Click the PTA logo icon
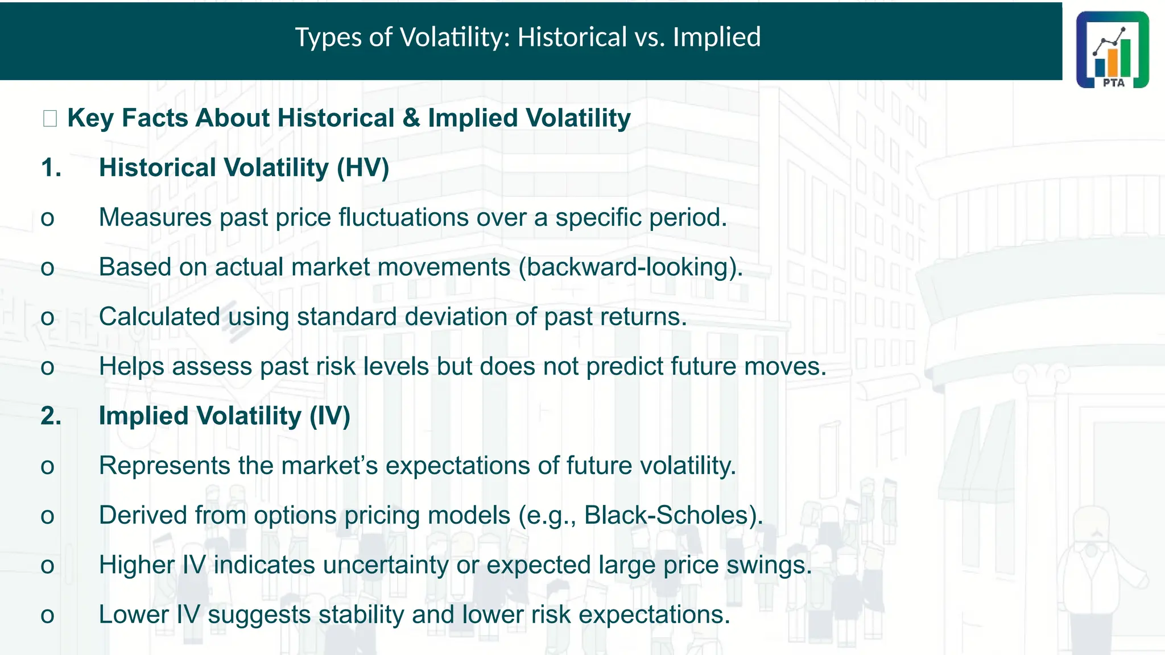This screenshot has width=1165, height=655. point(1112,50)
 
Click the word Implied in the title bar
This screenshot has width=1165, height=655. point(716,38)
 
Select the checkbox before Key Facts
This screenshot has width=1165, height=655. point(50,119)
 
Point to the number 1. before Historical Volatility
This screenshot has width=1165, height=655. point(51,168)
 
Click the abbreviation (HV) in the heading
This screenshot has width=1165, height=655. point(363,168)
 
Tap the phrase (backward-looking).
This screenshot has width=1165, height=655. point(630,267)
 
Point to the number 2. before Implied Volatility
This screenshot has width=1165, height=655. point(51,416)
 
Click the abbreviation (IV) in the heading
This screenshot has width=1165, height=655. point(330,416)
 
